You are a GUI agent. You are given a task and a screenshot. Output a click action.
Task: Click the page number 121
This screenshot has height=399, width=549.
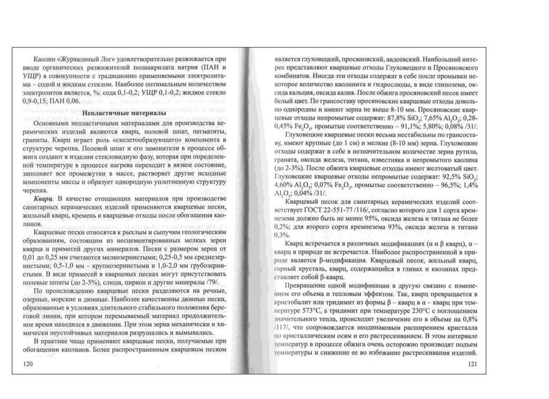click(x=472, y=365)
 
